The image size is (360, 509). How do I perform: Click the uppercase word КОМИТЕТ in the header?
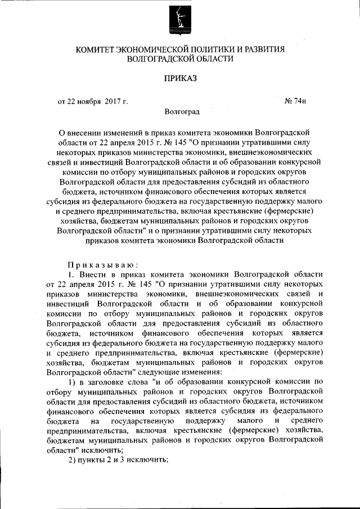point(99,49)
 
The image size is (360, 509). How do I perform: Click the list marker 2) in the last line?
point(71,458)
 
